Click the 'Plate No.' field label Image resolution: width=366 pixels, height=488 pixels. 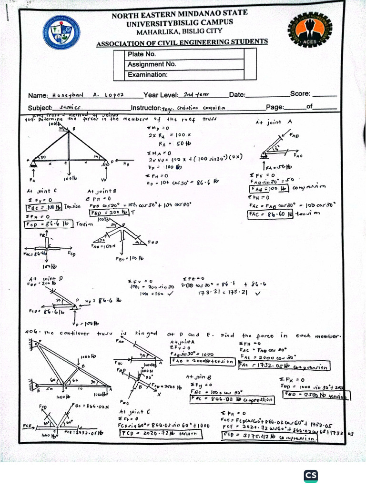[x=142, y=54]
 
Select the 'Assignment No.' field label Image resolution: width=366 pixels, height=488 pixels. [x=152, y=64]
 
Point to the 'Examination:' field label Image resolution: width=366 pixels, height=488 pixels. [x=147, y=75]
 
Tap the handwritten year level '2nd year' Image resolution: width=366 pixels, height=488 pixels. [x=196, y=94]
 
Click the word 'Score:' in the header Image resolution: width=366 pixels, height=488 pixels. [x=300, y=94]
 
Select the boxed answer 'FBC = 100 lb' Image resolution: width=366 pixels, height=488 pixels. [x=44, y=207]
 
